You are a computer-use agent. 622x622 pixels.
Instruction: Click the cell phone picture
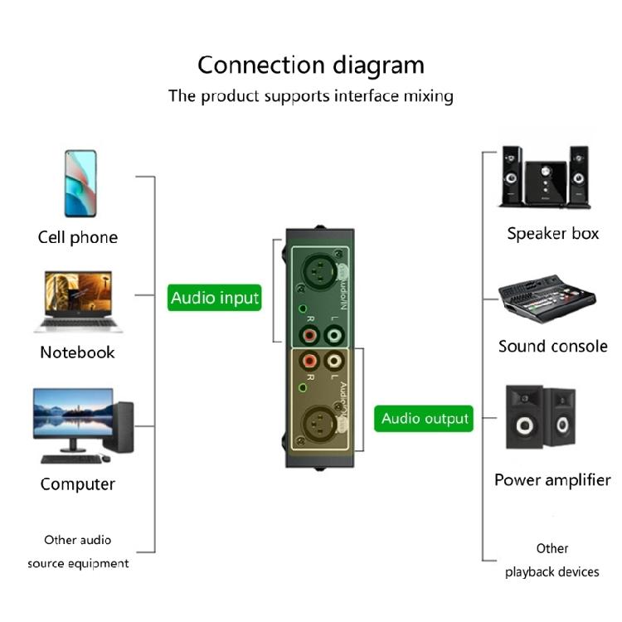80,183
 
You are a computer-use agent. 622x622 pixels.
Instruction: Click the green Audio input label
215,297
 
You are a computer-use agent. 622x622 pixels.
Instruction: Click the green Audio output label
425,418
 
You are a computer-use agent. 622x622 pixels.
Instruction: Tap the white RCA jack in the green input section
335,336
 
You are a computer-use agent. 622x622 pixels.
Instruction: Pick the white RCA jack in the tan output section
335,361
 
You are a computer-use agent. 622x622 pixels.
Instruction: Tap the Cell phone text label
78,237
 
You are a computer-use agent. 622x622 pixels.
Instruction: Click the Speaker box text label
552,233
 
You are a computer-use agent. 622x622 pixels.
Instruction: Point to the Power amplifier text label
552,479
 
